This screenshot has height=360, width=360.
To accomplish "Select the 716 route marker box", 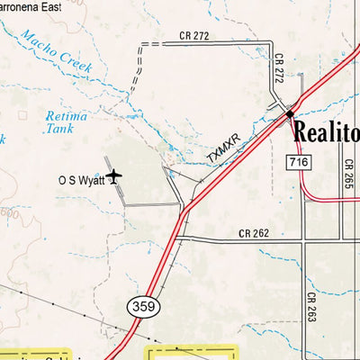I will click(300, 161).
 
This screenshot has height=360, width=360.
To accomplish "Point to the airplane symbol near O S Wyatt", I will click(113, 176).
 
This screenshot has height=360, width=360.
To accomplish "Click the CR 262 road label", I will click(253, 234).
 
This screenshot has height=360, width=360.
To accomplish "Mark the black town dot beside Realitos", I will click(290, 114).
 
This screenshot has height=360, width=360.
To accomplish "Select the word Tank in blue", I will click(60, 129).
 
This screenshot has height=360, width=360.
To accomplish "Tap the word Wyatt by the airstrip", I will click(91, 180).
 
